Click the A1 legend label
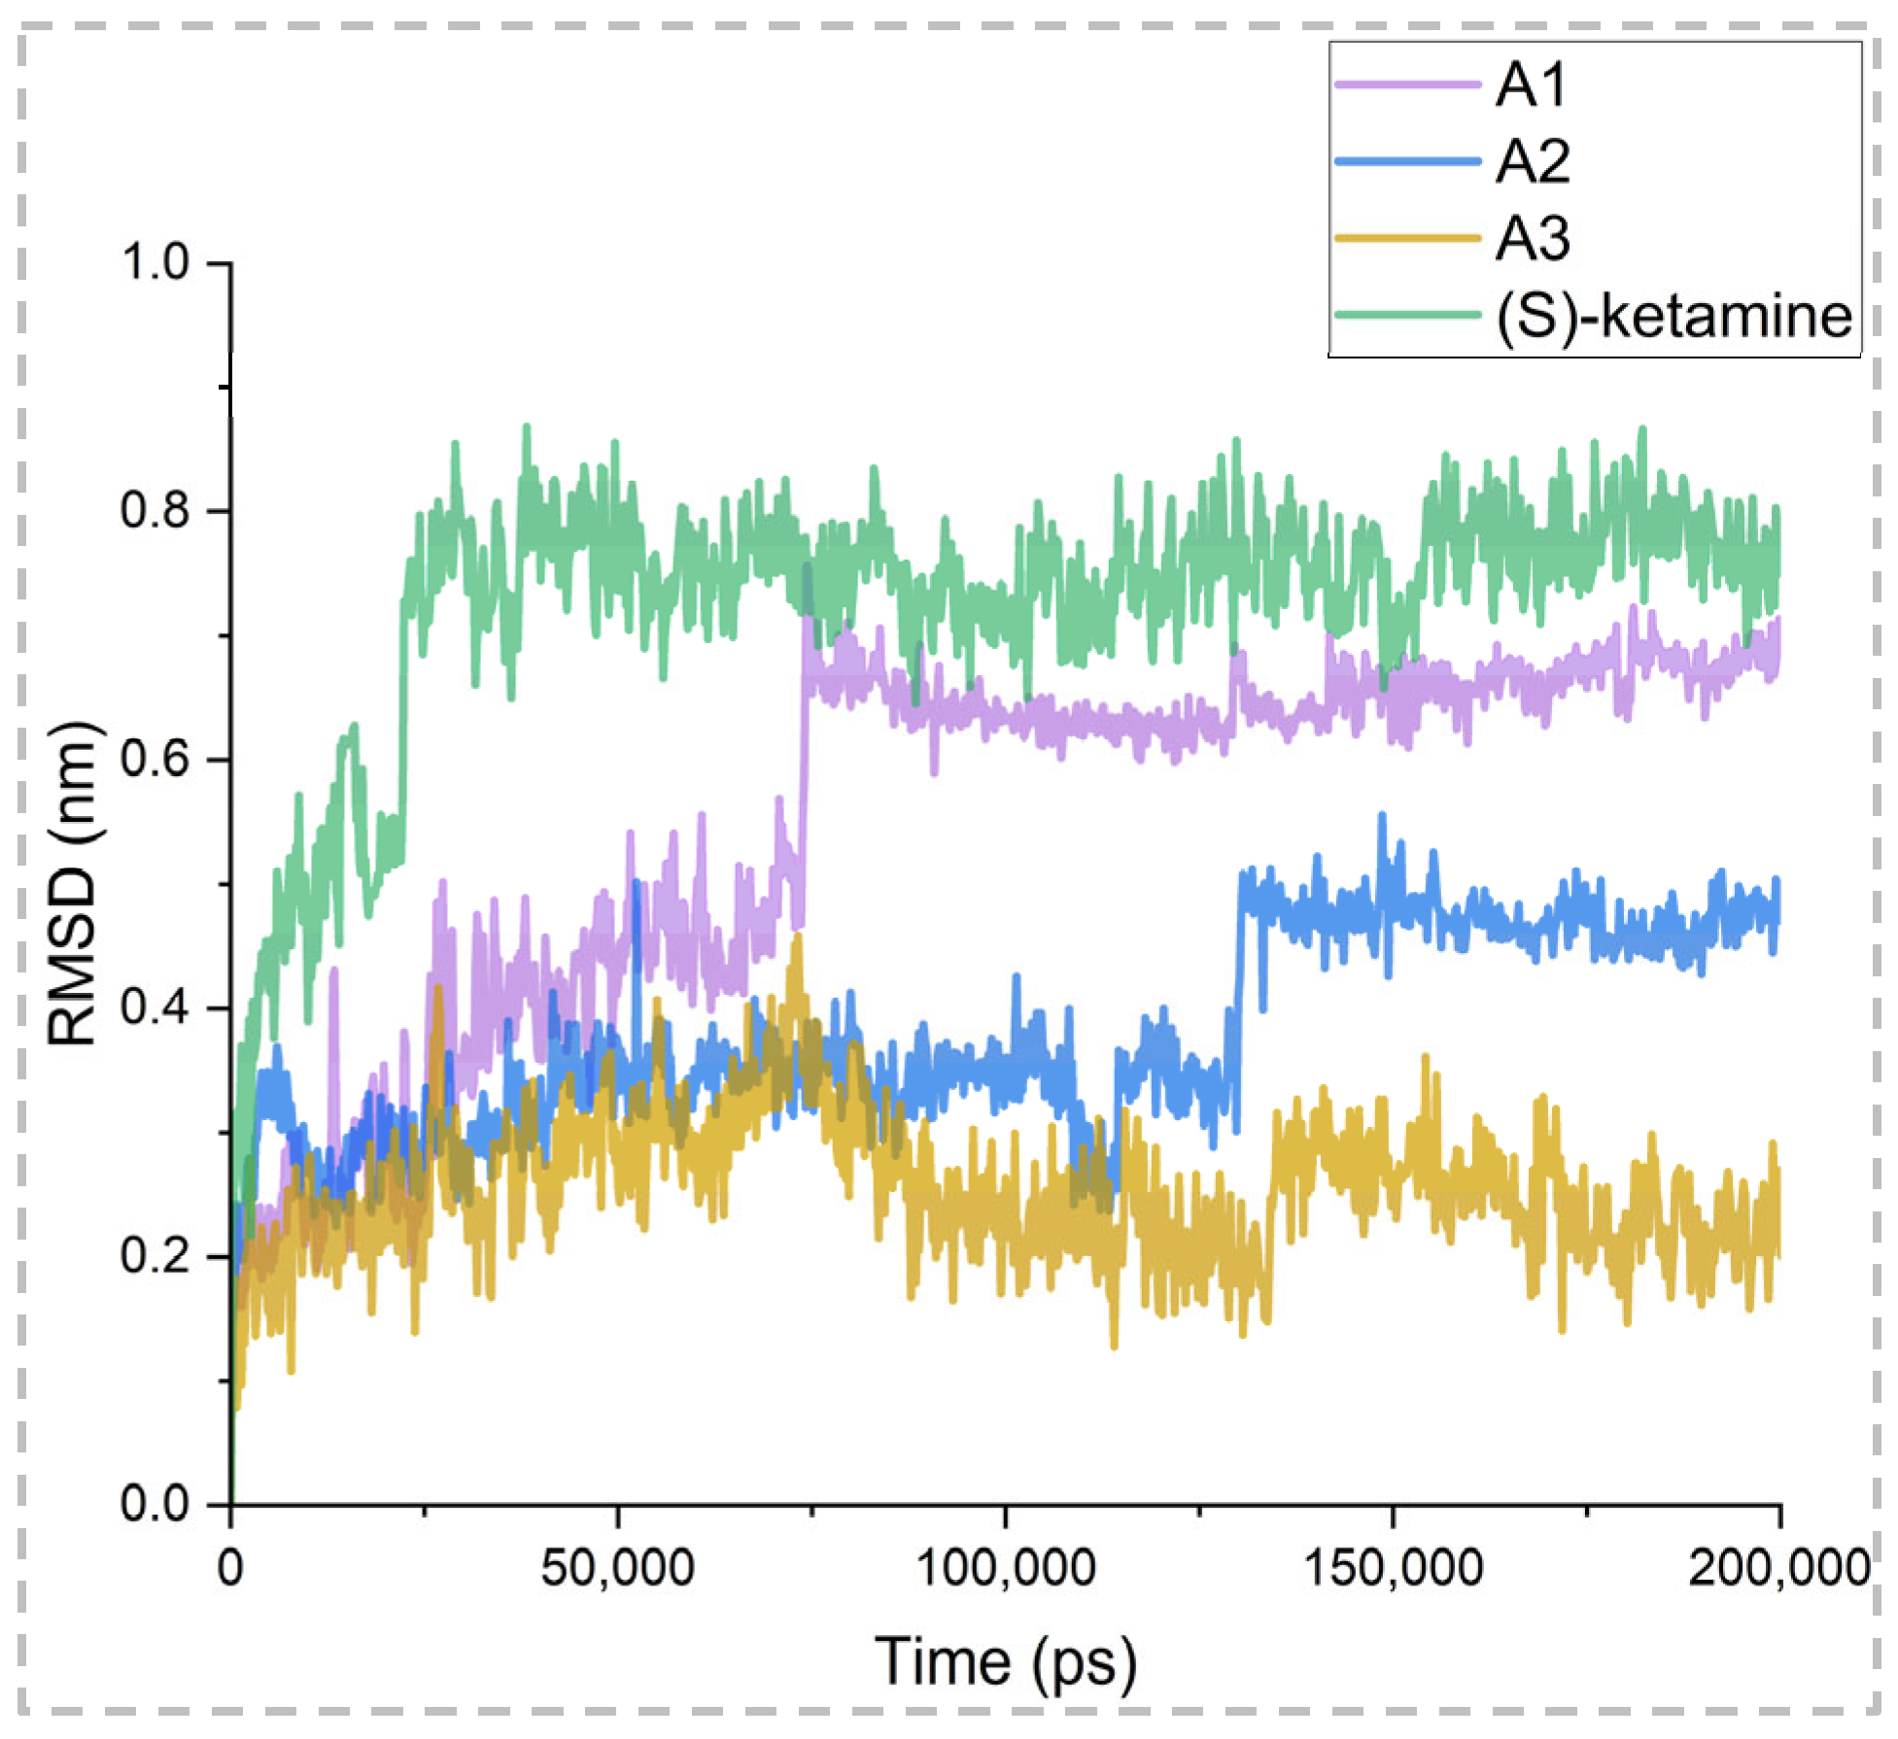1531,85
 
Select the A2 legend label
1533,162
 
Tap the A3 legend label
1533,239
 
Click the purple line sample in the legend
1406,85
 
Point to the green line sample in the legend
1406,316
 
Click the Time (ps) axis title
1005,1663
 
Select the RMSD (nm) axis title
73,883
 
